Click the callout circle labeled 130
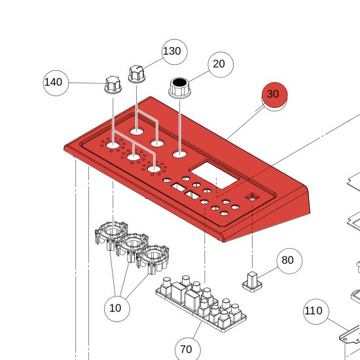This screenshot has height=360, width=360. coord(175,52)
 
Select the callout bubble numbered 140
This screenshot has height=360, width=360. coord(56,83)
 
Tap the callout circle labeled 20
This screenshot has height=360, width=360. coord(221,65)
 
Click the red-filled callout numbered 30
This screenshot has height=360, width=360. coord(275,96)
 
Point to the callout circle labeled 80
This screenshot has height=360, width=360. coord(289,261)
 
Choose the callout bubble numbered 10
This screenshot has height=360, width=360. coord(117,309)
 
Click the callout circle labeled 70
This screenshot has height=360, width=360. coord(188,349)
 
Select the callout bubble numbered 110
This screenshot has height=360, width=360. coord(316,312)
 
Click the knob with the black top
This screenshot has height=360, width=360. coord(179,88)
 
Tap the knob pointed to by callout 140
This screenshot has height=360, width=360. coord(113,85)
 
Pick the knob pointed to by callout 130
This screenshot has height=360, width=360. coord(137,74)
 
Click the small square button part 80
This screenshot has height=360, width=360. coord(252,281)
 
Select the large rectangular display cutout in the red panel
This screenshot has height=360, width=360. coord(214,175)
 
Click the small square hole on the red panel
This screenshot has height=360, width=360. coord(253,198)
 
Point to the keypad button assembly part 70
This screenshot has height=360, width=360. coord(201,304)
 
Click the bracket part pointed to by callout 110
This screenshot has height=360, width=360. coord(350,336)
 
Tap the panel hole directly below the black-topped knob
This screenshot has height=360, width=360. coord(179,154)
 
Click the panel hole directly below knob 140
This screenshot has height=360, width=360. coord(113,145)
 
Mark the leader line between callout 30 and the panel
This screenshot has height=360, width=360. coord(245,122)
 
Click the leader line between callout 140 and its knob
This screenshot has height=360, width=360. coord(87,83)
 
